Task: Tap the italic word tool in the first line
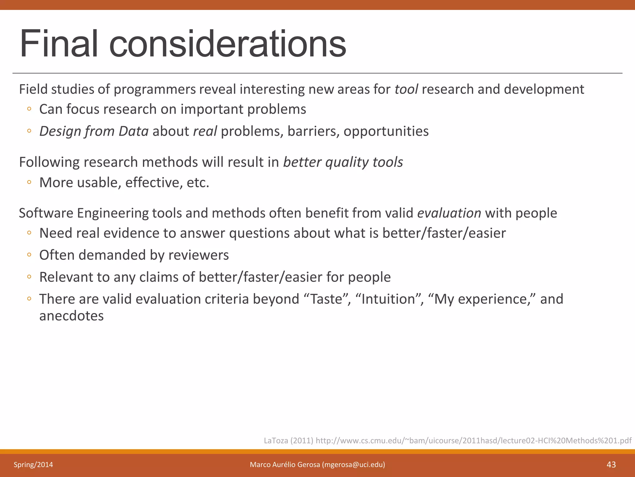(406, 89)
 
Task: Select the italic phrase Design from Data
(94, 131)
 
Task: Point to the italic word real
(205, 131)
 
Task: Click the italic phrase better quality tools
(343, 162)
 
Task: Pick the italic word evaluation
(449, 213)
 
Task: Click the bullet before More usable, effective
(29, 182)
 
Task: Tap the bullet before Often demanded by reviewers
(29, 255)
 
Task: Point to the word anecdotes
(71, 316)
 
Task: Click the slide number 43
(611, 465)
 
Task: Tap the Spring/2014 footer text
(33, 465)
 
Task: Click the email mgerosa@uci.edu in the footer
(353, 465)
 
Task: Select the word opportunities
(386, 131)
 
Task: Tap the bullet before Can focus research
(29, 109)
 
